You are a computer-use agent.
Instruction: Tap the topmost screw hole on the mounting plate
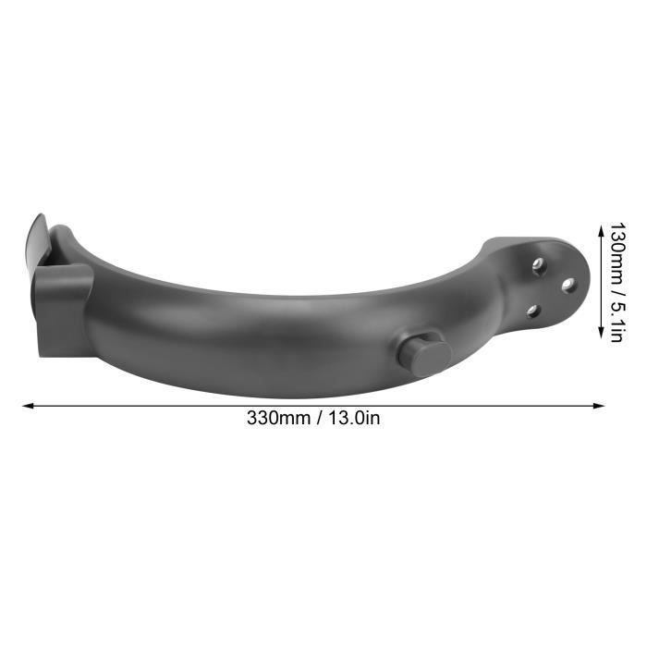(x=539, y=263)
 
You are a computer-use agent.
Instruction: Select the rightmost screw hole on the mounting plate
(x=569, y=285)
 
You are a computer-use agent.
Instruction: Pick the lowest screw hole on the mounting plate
(x=533, y=311)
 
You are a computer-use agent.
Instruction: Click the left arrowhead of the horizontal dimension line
(x=28, y=406)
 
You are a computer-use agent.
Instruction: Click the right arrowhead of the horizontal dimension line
(x=599, y=406)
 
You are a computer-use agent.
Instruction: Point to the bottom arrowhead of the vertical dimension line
(x=602, y=333)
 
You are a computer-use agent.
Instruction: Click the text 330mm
(x=278, y=418)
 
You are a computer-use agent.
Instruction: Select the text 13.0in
(x=354, y=418)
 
